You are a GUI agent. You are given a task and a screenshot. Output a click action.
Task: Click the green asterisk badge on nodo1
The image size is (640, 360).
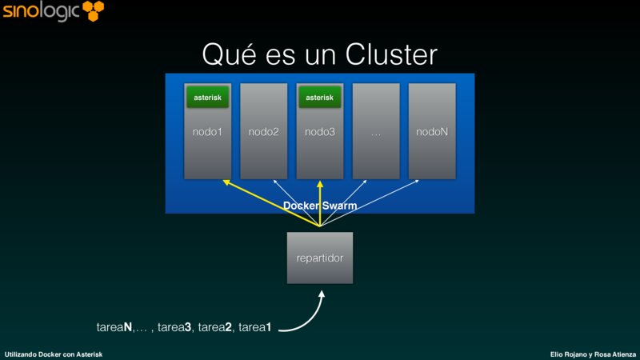208,98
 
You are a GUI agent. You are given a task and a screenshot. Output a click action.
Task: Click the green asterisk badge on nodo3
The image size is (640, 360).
320,98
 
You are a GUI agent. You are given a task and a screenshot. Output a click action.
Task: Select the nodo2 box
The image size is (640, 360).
264,131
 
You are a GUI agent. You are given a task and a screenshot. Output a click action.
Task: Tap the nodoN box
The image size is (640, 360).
432,131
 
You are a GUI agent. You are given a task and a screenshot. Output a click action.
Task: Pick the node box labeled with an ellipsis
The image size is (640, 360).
376,131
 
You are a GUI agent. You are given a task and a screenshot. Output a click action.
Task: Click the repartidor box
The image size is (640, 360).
320,258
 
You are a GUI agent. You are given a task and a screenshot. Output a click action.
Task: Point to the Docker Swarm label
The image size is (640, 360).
320,206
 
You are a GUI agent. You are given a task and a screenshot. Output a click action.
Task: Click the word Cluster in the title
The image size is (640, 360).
391,54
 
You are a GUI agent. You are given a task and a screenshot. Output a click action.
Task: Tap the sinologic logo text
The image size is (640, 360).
40,12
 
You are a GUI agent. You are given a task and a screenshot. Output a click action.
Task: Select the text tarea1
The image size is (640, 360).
254,326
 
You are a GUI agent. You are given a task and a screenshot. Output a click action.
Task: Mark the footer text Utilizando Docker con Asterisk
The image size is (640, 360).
53,354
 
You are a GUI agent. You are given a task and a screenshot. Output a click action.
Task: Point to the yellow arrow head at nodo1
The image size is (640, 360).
226,183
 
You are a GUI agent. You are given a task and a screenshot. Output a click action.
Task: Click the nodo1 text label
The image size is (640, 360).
208,131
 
